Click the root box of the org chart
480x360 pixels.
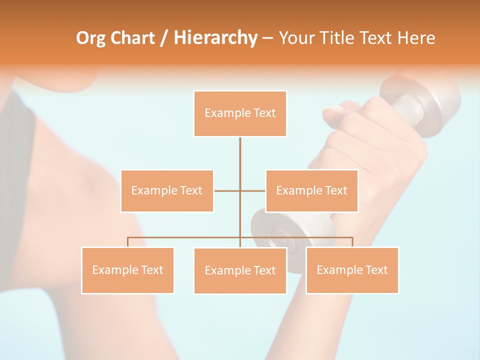click(x=240, y=113)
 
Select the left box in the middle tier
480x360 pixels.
click(x=167, y=191)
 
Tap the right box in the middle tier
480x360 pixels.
click(x=311, y=191)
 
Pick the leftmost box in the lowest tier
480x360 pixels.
click(x=127, y=270)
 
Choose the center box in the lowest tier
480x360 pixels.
click(x=240, y=271)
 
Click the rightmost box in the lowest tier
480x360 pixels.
click(x=352, y=270)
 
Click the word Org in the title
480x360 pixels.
click(x=91, y=38)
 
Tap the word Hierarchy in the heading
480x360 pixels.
click(x=215, y=38)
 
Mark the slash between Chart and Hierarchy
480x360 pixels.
click(x=164, y=38)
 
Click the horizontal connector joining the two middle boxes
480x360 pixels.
click(x=227, y=190)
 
